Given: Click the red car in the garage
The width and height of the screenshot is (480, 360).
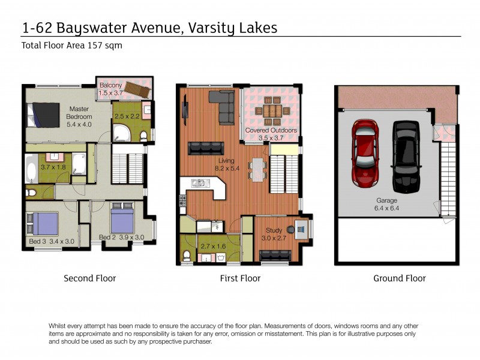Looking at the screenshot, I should click(x=364, y=152).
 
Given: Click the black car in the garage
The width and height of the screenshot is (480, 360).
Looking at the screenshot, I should click(x=405, y=154).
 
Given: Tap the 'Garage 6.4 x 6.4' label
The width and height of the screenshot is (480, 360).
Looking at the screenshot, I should click(x=387, y=205).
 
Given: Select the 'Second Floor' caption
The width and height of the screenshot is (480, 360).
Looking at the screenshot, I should click(x=90, y=278).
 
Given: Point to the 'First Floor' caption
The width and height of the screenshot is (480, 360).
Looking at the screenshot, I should click(x=240, y=278).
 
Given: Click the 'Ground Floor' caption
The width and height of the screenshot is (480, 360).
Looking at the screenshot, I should click(x=399, y=278).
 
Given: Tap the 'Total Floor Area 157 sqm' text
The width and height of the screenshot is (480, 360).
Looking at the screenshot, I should click(x=72, y=46).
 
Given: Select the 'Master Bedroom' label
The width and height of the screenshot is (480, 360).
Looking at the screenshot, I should click(x=80, y=113).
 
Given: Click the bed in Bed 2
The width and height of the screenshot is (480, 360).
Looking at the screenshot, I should click(x=125, y=219).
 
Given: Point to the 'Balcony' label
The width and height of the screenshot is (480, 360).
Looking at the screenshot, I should click(x=111, y=85).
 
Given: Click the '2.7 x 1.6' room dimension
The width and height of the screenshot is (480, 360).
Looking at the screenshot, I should click(x=214, y=246).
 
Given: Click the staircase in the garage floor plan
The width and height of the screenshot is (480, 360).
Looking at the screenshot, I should click(x=446, y=174).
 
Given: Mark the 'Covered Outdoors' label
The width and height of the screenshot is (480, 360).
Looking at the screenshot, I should click(x=271, y=130).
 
